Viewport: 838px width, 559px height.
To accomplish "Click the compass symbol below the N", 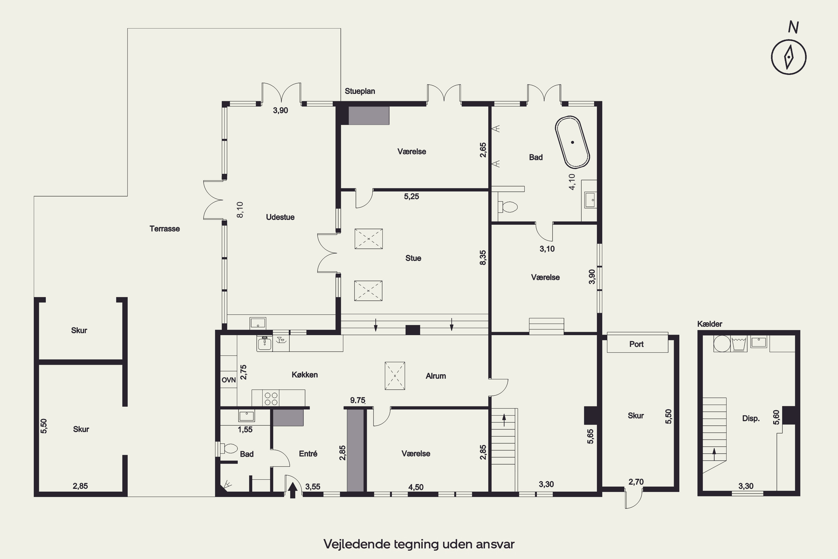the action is (x=789, y=57).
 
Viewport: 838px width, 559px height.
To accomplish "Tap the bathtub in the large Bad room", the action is (x=572, y=142).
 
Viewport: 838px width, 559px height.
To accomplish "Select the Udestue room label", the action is (x=280, y=217).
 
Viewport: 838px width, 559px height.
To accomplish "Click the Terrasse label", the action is (x=165, y=229).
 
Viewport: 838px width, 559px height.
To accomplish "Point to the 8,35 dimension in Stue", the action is (x=483, y=257).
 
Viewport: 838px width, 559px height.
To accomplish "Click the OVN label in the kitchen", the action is (x=229, y=380).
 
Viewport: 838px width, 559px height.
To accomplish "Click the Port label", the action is (x=636, y=344).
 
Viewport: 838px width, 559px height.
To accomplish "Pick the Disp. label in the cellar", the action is (x=751, y=418).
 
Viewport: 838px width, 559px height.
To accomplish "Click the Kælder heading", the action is (x=710, y=324).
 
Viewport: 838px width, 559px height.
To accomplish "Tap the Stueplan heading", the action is (x=360, y=91).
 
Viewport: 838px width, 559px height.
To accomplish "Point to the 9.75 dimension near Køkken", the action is (x=358, y=400).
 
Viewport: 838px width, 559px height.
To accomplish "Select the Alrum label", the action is (x=436, y=376).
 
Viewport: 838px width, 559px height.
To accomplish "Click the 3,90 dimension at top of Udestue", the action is (x=280, y=110).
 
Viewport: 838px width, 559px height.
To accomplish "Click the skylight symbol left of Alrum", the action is (x=395, y=376).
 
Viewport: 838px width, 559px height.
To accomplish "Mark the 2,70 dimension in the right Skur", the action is (x=636, y=482).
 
